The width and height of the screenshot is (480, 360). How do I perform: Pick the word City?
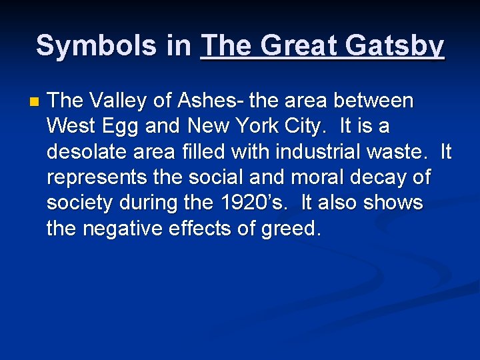pyautogui.click(x=328, y=127)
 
